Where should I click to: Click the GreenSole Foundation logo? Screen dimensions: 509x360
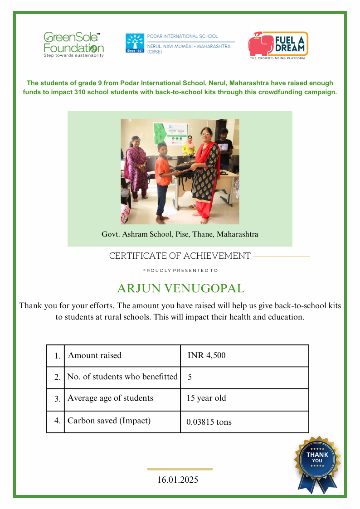coord(73,44)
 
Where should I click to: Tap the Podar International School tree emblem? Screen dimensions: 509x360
coord(135,43)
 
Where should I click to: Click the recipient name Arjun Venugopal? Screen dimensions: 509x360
coord(180,288)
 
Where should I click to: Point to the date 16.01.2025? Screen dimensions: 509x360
coord(178,480)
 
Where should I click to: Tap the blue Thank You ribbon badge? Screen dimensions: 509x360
coord(317,462)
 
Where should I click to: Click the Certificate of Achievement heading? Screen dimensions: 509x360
coord(180,256)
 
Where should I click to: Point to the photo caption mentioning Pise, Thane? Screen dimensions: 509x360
coord(180,234)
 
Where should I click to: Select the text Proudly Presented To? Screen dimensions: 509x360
coord(180,271)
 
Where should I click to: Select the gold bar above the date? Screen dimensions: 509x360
coord(180,469)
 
